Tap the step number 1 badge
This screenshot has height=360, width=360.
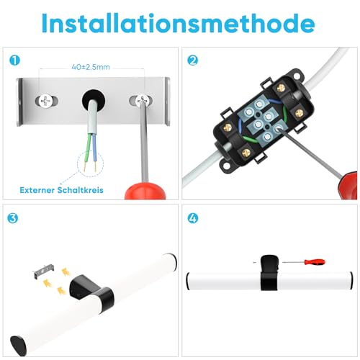14,60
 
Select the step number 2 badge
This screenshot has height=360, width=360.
192,60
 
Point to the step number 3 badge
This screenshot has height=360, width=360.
14,217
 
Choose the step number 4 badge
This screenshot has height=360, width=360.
192,217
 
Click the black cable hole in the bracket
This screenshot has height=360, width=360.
92,99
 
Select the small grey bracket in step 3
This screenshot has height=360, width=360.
42,273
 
